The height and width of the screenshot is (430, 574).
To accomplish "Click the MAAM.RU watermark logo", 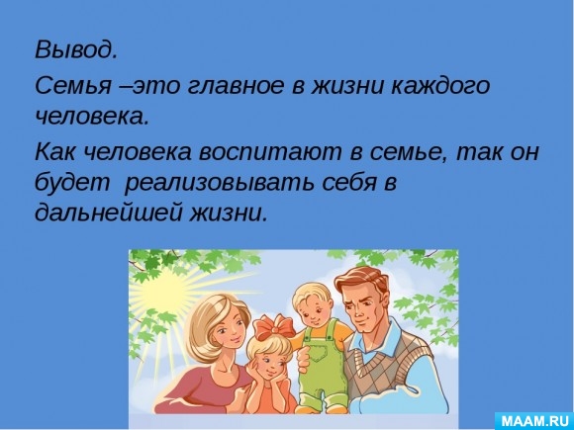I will click(x=535, y=419).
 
